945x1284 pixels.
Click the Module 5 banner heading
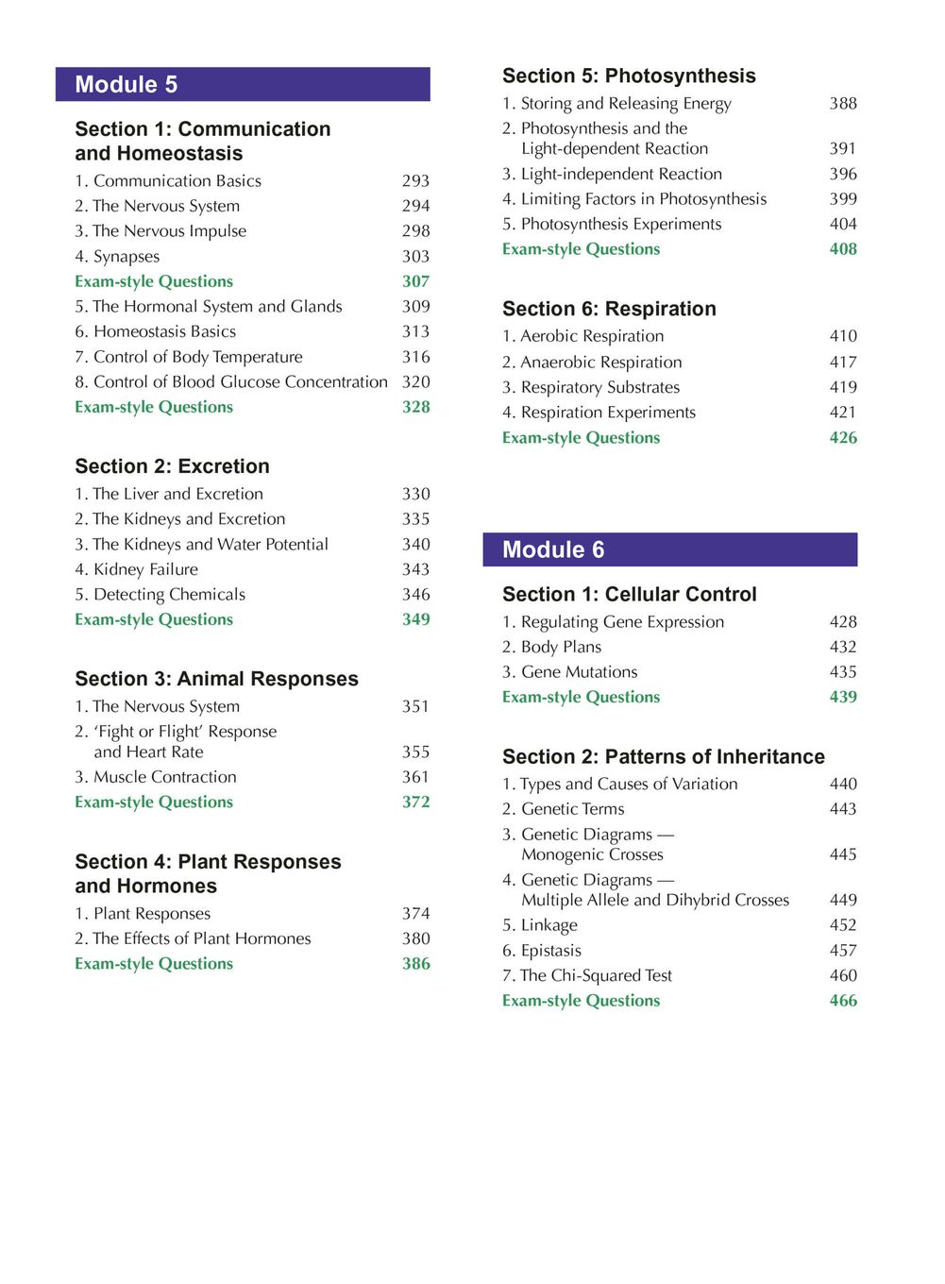127,85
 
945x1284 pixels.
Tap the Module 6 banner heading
553,550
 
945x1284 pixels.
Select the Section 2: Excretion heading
172,466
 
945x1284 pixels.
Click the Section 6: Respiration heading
609,309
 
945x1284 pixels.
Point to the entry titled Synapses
117,257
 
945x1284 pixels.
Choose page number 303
415,257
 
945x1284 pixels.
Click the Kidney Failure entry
136,569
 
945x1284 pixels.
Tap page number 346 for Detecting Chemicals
415,595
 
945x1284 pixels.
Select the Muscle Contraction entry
156,777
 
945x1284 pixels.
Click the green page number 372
415,802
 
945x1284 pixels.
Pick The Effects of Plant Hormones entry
193,938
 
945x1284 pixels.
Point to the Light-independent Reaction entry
612,174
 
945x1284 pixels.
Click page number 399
843,199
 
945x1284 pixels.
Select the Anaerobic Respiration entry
592,362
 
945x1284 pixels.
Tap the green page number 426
843,437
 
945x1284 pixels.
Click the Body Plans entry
551,647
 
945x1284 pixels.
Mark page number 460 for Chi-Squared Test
843,975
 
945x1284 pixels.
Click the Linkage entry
539,925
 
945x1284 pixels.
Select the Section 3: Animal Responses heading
216,679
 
